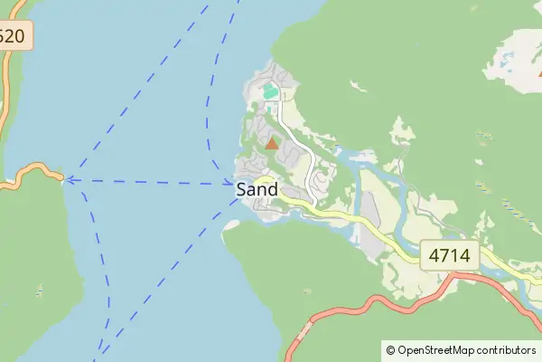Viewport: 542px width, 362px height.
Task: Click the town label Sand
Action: pyautogui.click(x=257, y=190)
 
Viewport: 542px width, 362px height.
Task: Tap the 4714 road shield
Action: pyautogui.click(x=450, y=255)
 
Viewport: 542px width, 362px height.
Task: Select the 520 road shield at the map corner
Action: pyautogui.click(x=13, y=37)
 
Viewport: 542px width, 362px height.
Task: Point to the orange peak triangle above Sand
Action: pyautogui.click(x=272, y=143)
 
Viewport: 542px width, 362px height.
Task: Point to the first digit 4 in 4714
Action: pyautogui.click(x=434, y=255)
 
